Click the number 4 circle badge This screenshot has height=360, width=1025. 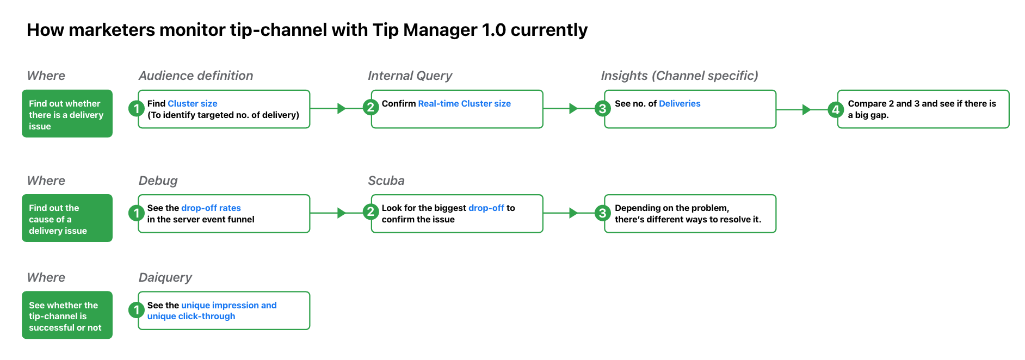[836, 109]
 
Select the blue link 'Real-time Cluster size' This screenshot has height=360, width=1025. [464, 103]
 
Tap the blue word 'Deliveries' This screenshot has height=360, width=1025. [680, 103]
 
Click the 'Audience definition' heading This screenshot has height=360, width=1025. [196, 76]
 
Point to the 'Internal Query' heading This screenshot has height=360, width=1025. [410, 76]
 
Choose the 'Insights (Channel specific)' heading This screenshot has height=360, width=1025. [680, 76]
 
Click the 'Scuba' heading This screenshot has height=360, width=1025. [386, 181]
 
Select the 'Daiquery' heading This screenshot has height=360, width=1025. [165, 277]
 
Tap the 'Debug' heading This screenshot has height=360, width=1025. [158, 181]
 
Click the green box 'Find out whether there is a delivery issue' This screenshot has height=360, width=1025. [67, 114]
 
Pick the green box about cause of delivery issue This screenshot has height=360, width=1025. [67, 218]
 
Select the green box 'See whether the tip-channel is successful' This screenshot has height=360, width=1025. [67, 315]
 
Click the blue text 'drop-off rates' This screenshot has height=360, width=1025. [211, 208]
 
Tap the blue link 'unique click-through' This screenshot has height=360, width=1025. [191, 316]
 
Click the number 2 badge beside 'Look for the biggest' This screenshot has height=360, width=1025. [371, 211]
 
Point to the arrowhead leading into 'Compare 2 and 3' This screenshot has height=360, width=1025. [807, 109]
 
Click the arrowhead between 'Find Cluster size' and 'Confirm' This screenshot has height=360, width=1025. [342, 108]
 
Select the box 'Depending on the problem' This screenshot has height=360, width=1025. [690, 214]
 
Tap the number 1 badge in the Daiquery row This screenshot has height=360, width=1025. [136, 310]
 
